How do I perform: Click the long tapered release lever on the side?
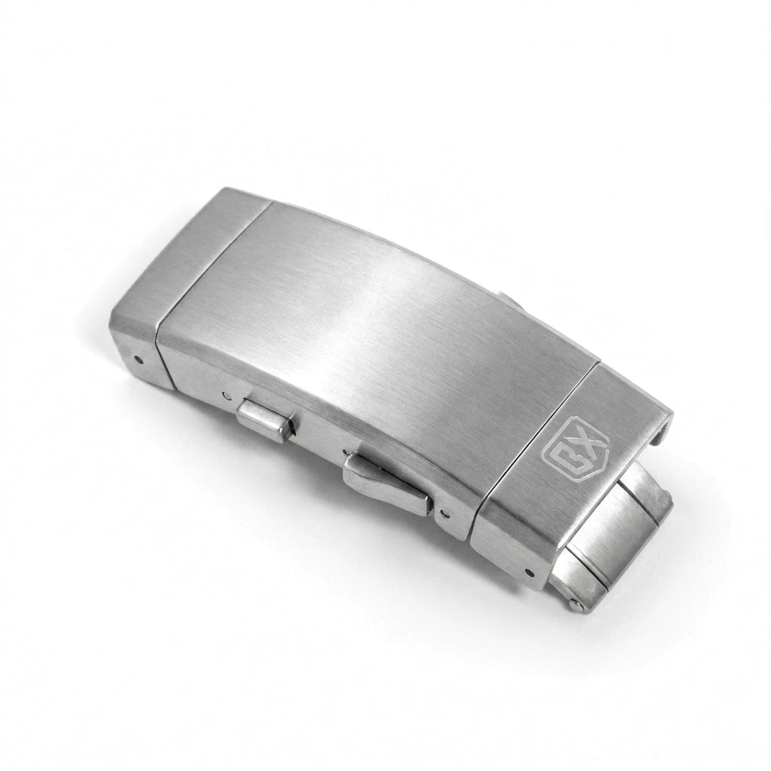click(389, 485)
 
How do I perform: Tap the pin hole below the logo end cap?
click(529, 573)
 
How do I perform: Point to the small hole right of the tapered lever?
click(446, 514)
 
